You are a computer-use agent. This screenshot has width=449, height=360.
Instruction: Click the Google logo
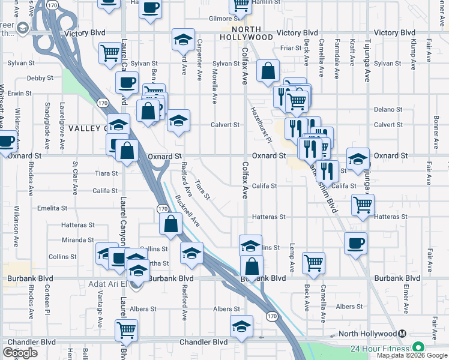20,353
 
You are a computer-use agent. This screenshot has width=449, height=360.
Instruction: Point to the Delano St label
388,109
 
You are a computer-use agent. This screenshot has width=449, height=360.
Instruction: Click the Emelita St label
52,208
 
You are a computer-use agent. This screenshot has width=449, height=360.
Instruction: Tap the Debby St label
40,78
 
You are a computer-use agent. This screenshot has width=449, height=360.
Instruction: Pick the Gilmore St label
220,19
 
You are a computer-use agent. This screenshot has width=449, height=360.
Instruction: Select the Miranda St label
78,240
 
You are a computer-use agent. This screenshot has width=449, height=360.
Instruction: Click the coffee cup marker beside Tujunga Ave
356,243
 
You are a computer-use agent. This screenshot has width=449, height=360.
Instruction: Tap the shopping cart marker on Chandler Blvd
127,329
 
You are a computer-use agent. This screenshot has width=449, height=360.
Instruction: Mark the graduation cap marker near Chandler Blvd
241,326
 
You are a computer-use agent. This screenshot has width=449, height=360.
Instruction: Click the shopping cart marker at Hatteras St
363,205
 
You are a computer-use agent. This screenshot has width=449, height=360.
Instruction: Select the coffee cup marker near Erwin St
127,83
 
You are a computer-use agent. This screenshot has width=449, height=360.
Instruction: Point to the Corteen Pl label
46,299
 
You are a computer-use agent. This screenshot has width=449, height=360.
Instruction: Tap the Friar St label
291,48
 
